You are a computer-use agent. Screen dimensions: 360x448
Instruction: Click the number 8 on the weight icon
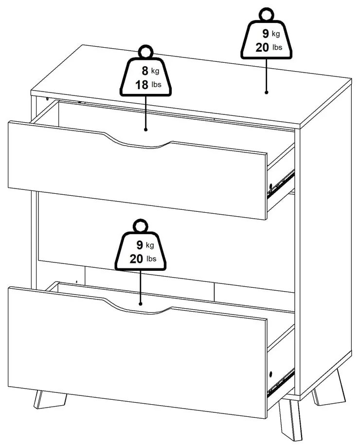click(x=145, y=71)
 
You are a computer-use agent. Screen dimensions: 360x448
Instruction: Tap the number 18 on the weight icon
click(x=142, y=85)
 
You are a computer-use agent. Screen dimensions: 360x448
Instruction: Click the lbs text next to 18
click(x=156, y=85)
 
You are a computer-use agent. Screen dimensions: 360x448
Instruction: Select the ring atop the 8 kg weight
click(x=145, y=52)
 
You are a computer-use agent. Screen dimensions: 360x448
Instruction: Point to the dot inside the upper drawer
click(x=145, y=130)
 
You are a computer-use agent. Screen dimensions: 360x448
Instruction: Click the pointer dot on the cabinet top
click(x=267, y=93)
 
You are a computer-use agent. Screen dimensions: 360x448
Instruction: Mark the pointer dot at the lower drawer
click(x=140, y=304)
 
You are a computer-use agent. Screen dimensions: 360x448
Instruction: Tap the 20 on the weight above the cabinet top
click(x=262, y=47)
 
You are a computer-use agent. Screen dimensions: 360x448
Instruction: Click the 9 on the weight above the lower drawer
click(x=139, y=245)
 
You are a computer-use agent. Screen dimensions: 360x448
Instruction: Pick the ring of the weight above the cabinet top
click(x=267, y=15)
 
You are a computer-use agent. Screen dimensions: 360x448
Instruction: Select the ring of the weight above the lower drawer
click(x=141, y=226)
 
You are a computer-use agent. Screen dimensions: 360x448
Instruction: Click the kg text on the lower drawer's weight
click(x=150, y=245)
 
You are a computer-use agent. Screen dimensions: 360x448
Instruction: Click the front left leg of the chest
click(x=50, y=400)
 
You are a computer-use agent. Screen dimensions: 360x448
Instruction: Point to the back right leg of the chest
click(x=328, y=387)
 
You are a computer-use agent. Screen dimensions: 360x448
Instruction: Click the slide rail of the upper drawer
click(x=281, y=184)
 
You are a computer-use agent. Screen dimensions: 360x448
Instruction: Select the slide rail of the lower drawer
click(x=281, y=383)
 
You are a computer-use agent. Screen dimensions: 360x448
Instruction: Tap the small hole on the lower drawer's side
click(x=270, y=373)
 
